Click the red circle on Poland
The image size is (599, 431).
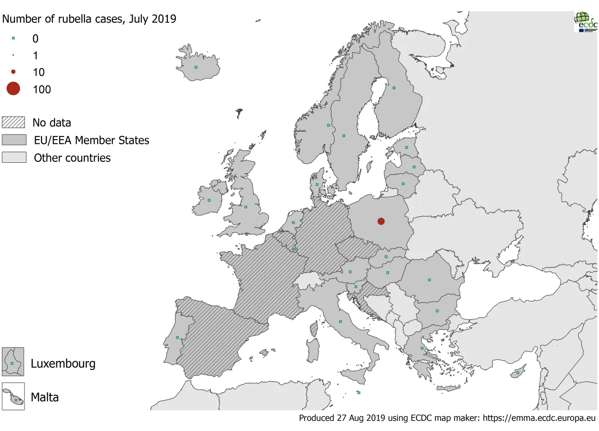click(x=381, y=222)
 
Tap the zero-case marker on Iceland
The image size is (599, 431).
click(x=196, y=68)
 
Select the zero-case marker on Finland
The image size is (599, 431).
click(x=394, y=88)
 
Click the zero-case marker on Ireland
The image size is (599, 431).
click(x=209, y=201)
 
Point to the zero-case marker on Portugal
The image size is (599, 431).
click(x=177, y=338)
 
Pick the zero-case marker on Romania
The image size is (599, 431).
click(x=429, y=280)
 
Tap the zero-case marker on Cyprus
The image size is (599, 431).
click(x=518, y=373)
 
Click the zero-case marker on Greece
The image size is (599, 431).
click(x=422, y=348)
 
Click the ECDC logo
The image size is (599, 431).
click(x=586, y=21)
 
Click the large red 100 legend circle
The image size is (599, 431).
click(x=13, y=89)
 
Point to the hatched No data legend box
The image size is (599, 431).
click(x=13, y=123)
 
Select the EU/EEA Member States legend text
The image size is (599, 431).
click(x=92, y=141)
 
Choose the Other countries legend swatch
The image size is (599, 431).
click(x=14, y=158)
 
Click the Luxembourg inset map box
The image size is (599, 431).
click(x=13, y=362)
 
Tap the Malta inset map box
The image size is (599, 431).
click(x=13, y=397)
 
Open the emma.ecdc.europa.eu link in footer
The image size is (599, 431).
click(x=539, y=418)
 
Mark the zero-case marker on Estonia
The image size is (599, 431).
click(x=407, y=148)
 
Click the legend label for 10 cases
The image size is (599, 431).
click(x=39, y=73)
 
